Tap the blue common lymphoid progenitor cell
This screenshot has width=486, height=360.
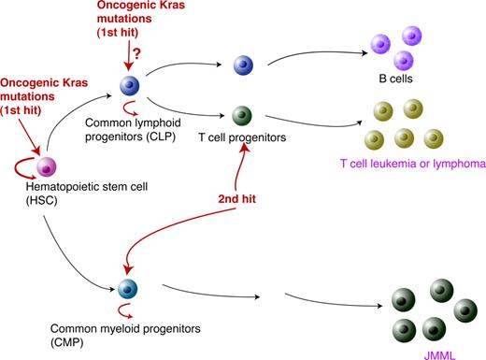128,87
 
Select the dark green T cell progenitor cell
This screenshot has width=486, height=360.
242,116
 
